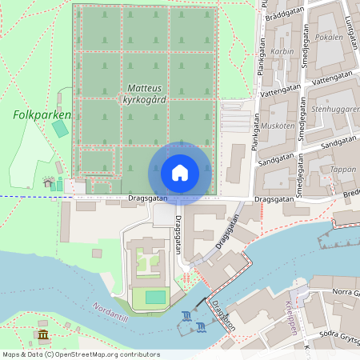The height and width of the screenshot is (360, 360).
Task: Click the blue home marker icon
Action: click(x=180, y=172)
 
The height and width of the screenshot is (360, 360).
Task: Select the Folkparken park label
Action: click(x=42, y=114)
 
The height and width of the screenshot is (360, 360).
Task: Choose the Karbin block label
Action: click(x=282, y=50)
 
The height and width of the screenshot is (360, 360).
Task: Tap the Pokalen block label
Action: click(x=330, y=37)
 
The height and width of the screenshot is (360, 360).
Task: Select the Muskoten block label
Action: click(x=278, y=126)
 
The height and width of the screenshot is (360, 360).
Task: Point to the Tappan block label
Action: click(x=342, y=170)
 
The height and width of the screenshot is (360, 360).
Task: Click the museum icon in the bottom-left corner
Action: click(x=43, y=334)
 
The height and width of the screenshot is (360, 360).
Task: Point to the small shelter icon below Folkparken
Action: click(x=48, y=182)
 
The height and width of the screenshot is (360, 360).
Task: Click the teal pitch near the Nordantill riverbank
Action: click(x=155, y=297)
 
